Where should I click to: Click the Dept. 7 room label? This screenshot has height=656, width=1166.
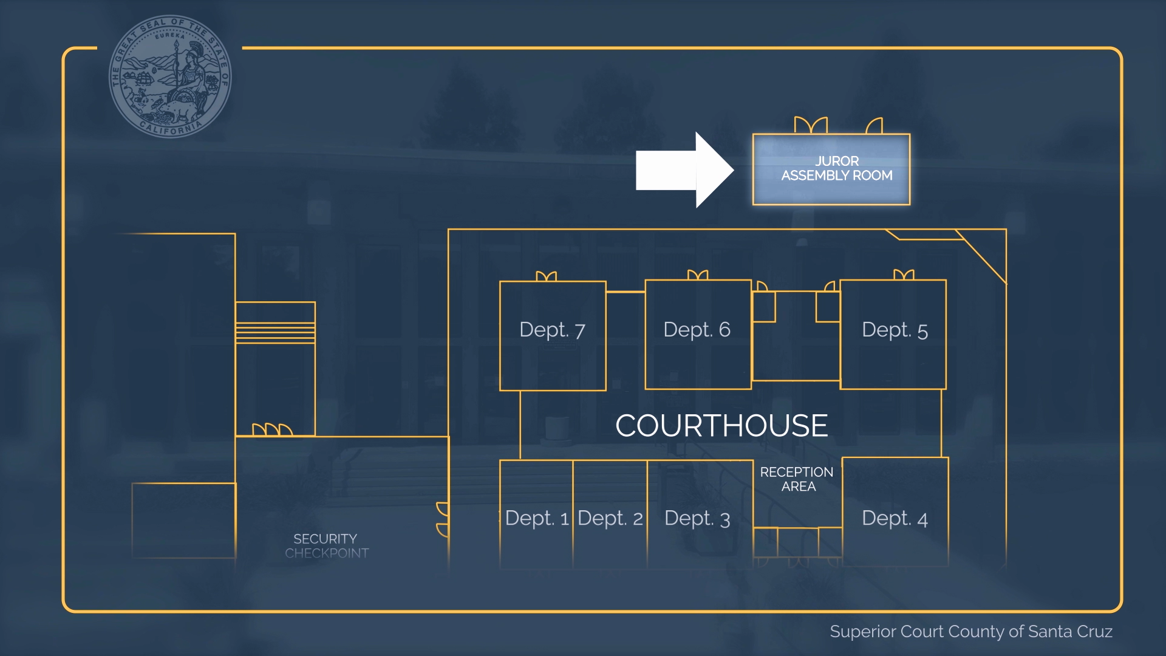[x=552, y=330]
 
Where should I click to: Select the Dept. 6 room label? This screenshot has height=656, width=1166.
[x=697, y=330]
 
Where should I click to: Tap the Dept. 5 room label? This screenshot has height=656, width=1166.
[x=895, y=330]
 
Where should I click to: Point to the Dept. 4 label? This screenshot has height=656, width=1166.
[x=895, y=518]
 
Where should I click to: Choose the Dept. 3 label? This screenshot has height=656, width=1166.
[x=697, y=518]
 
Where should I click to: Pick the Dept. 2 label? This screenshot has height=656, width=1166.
[x=610, y=518]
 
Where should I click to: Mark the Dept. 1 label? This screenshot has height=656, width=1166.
[x=537, y=518]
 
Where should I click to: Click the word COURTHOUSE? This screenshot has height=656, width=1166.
[x=721, y=426]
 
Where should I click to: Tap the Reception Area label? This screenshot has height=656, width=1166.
[x=797, y=479]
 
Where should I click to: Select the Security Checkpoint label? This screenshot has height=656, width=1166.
[x=326, y=545]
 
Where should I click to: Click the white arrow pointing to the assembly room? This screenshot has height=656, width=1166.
[x=683, y=170]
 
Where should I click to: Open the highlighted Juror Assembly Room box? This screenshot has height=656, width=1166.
[x=831, y=169]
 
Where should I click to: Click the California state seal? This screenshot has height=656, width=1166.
[x=170, y=77]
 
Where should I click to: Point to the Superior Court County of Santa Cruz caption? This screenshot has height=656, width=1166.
[x=971, y=632]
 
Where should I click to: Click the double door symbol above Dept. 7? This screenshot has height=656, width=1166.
[x=547, y=276]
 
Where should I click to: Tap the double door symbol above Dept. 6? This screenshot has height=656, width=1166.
[x=698, y=275]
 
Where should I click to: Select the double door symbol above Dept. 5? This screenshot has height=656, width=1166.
[x=904, y=275]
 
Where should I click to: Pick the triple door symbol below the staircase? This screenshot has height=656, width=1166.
[x=272, y=430]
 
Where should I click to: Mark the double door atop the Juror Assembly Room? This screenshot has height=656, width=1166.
[x=811, y=125]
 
